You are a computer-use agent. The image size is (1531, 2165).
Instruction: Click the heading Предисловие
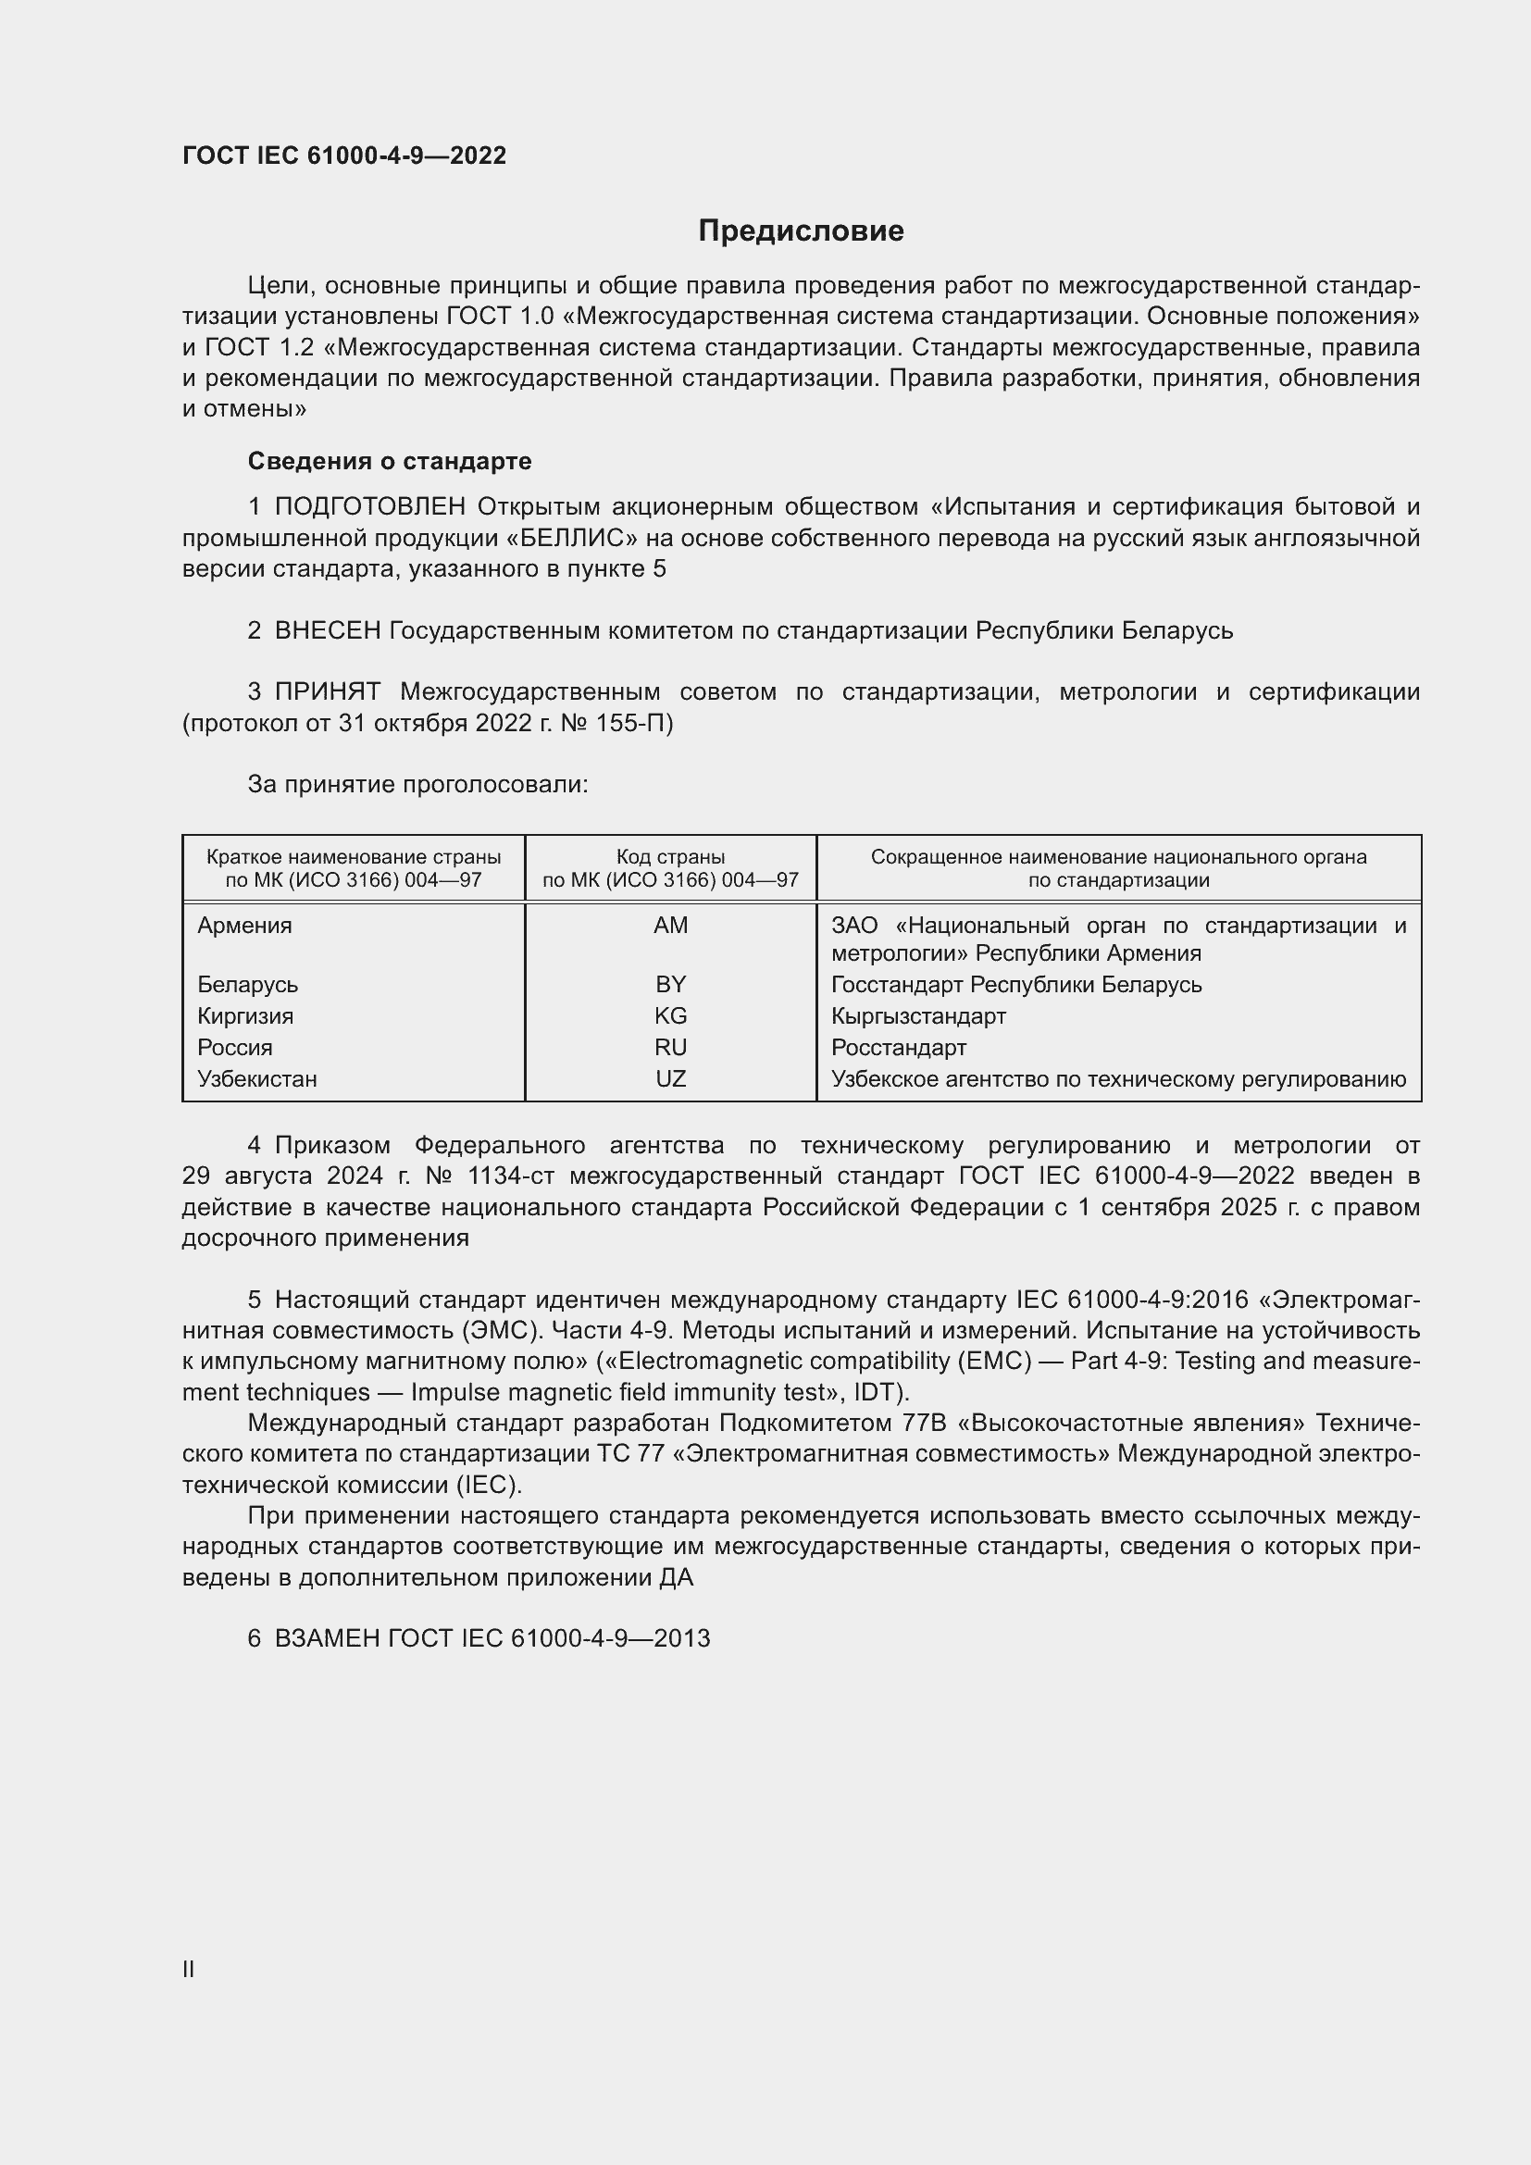point(801,231)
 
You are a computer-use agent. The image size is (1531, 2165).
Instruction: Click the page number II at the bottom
point(189,1969)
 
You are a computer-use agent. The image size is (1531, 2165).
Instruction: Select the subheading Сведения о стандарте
point(390,461)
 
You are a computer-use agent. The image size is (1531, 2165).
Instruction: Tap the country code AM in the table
point(670,926)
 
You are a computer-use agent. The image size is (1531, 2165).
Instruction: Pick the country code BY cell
point(670,985)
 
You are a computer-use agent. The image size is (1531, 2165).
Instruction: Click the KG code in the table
point(670,1015)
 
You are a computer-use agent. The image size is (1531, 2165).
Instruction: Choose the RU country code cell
point(670,1048)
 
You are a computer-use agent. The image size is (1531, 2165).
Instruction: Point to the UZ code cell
point(670,1078)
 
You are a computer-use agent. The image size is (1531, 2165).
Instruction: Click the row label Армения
point(245,926)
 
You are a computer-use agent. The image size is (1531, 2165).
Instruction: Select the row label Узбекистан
point(257,1078)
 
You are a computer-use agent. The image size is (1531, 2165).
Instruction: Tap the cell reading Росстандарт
point(899,1048)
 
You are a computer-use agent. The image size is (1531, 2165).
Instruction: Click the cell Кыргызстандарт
point(918,1015)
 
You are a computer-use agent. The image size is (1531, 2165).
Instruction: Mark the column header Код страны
point(670,857)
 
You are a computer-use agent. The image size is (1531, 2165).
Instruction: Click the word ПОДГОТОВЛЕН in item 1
point(370,507)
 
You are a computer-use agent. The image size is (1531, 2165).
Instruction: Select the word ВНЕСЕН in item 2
point(327,631)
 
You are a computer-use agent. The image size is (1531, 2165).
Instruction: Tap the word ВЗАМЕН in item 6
point(327,1638)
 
